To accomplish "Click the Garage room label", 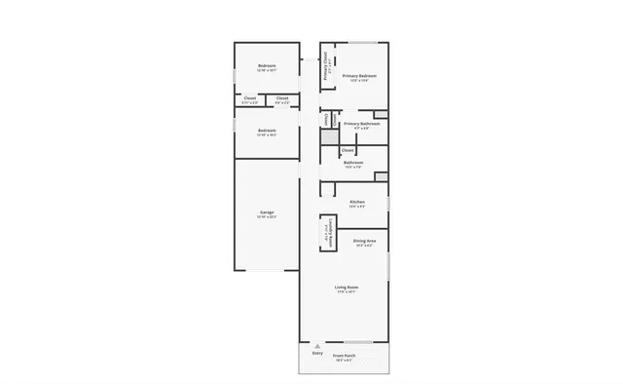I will [x=266, y=211].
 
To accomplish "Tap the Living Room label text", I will [x=347, y=288].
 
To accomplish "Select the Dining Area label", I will [x=365, y=241].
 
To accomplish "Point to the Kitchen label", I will [x=357, y=202].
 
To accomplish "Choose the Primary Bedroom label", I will [x=359, y=75].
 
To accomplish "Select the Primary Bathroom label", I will [x=361, y=124].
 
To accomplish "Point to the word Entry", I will [x=316, y=353].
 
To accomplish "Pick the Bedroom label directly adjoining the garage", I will [x=267, y=131].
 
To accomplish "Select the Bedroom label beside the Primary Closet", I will [x=267, y=65].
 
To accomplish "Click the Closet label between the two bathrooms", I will [x=348, y=149].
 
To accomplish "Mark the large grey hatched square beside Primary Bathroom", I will [x=329, y=138].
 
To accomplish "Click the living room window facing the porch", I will [x=358, y=342].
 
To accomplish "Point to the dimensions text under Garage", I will [x=266, y=217].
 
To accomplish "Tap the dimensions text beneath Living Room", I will [x=347, y=292].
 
